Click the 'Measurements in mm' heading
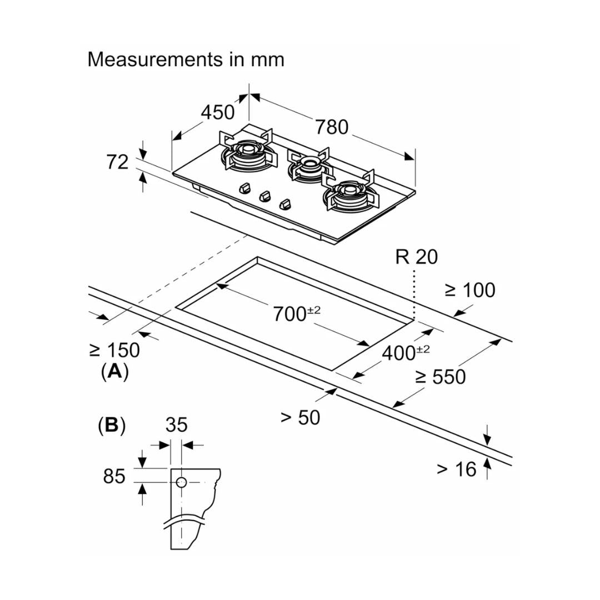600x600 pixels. tap(186, 59)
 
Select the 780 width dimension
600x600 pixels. tap(332, 127)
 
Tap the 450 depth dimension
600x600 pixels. tap(217, 112)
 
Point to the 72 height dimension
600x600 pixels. tap(117, 162)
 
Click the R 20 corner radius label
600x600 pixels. tap(416, 257)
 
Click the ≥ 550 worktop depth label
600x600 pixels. tap(440, 377)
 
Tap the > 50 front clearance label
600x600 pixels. tap(300, 417)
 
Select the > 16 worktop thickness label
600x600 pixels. tap(456, 469)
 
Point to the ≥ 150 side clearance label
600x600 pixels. tap(114, 350)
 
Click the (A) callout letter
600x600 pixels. tap(114, 371)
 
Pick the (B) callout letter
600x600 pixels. tap(111, 426)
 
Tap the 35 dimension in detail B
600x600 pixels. tap(177, 425)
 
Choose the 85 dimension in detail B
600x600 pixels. tap(114, 476)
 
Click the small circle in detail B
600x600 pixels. tap(181, 482)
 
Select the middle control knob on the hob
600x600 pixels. tap(266, 196)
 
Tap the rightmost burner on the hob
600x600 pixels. tap(349, 193)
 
